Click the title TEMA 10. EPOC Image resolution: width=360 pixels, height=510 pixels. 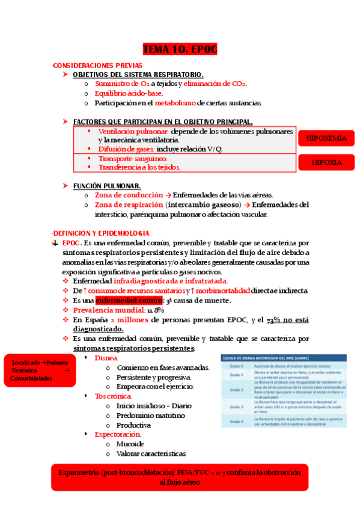tap(179, 49)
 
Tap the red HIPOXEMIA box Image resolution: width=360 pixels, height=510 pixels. tap(326, 138)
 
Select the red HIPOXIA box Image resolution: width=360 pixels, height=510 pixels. tap(326, 162)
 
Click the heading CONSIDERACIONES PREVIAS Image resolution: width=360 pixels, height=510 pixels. tap(97, 64)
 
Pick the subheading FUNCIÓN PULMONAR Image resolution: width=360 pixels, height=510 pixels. tap(107, 186)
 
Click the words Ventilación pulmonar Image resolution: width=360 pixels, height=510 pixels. tap(133, 131)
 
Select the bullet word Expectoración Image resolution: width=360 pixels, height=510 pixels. tap(118, 434)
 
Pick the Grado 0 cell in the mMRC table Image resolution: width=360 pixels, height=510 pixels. tap(238, 366)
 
